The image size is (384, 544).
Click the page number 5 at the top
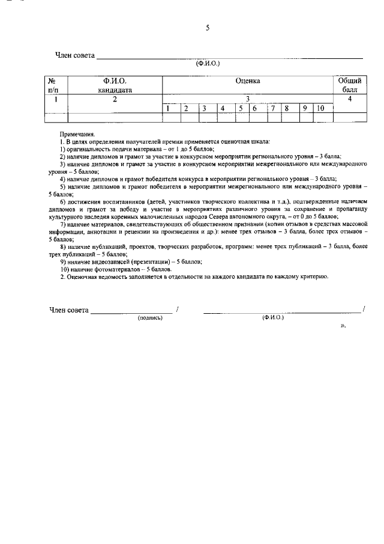[x=207, y=27]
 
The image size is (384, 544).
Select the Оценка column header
[x=247, y=81]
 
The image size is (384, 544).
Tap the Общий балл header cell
[x=349, y=85]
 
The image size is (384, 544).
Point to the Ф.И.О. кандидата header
[x=115, y=85]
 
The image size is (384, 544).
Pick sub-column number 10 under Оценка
[x=320, y=109]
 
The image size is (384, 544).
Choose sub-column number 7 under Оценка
[x=272, y=109]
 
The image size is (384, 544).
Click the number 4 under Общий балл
[x=349, y=100]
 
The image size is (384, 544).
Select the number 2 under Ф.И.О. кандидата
[x=115, y=100]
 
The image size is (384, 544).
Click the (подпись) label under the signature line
[x=151, y=317]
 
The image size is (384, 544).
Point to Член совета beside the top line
[x=75, y=55]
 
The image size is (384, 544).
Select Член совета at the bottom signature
[x=68, y=310]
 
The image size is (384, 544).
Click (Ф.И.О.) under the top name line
[x=208, y=62]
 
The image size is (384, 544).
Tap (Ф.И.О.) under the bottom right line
[x=273, y=317]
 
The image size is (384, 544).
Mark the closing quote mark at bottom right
[x=343, y=325]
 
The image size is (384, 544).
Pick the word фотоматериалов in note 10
[x=110, y=269]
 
